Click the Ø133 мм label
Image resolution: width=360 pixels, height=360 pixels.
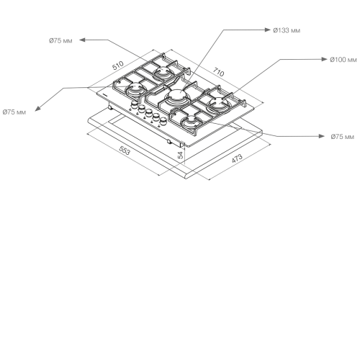click(287, 30)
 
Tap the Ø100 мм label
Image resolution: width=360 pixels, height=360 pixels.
click(343, 60)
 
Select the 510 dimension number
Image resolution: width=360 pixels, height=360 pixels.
click(118, 66)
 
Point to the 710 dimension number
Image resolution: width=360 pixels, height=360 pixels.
click(218, 72)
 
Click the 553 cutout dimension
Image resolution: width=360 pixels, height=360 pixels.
click(125, 150)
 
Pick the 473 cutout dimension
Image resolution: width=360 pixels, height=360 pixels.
click(237, 158)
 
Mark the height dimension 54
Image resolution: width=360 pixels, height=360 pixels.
click(181, 155)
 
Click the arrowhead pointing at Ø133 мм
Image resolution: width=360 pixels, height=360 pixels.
click(267, 30)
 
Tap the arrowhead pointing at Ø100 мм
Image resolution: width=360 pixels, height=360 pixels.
click(324, 59)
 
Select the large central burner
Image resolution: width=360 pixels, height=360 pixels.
click(176, 96)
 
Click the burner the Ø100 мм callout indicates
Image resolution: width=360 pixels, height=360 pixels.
click(219, 104)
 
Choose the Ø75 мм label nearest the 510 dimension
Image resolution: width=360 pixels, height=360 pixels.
click(60, 41)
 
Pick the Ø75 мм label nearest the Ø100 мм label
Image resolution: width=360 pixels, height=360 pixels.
click(343, 137)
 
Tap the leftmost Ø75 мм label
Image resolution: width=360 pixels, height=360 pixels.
click(14, 112)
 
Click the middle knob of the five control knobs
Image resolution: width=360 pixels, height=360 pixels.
click(149, 112)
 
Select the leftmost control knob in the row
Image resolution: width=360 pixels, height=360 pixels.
click(134, 105)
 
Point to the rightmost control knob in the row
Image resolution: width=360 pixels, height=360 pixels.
click(163, 120)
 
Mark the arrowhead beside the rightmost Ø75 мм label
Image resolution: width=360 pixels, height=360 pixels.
click(321, 136)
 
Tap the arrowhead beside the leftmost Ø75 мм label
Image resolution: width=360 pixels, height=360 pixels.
click(38, 108)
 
